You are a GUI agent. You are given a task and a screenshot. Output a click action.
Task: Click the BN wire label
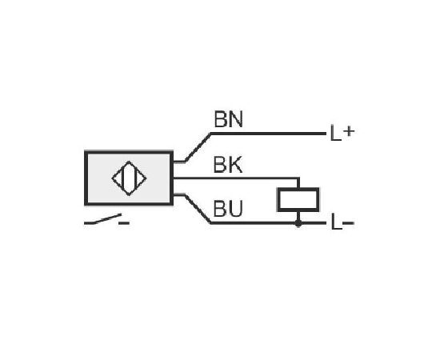tap(228, 119)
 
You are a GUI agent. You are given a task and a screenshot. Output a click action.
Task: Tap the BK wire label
tap(227, 165)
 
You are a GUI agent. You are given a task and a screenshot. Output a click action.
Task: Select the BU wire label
tap(227, 209)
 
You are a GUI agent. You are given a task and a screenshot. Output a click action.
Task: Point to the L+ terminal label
tap(342, 133)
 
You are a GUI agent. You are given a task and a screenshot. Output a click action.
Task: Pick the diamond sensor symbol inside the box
tap(129, 178)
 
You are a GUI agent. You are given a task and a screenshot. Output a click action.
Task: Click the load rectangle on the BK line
tap(298, 199)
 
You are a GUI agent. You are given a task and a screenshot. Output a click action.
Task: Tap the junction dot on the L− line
tap(298, 223)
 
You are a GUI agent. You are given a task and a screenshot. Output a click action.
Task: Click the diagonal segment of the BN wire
tap(198, 147)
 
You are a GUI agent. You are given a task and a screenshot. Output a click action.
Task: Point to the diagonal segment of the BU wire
tap(198, 209)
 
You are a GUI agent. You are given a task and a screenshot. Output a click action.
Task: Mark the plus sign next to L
tap(349, 131)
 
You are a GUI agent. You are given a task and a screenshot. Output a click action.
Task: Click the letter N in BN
tap(236, 119)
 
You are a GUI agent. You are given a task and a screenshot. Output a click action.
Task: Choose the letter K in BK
tap(235, 165)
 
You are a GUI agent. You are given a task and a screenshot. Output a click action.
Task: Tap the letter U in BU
tap(235, 209)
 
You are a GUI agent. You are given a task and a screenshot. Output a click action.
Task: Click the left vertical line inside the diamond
tap(123, 178)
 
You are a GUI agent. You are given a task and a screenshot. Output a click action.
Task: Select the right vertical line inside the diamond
tap(135, 178)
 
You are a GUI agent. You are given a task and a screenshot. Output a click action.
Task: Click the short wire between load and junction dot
tap(298, 216)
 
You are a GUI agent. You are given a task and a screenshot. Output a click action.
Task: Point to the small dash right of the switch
tap(124, 223)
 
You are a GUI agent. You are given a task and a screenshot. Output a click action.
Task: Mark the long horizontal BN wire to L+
tap(268, 134)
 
